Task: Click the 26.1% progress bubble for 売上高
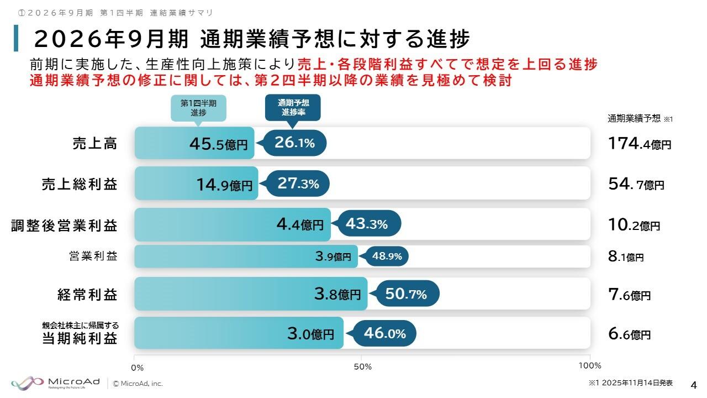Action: [x=294, y=143]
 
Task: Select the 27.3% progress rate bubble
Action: [x=298, y=184]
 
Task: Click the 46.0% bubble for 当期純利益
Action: [x=384, y=333]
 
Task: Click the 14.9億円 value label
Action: [x=224, y=184]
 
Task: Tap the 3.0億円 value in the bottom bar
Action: [x=310, y=333]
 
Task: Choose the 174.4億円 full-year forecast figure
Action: [x=640, y=144]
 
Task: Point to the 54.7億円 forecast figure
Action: [x=636, y=184]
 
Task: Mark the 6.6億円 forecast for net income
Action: [x=629, y=334]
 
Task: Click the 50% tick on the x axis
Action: [x=362, y=366]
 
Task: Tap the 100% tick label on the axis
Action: [x=589, y=365]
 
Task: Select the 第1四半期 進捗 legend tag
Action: [x=198, y=108]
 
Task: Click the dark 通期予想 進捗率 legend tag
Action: [x=293, y=107]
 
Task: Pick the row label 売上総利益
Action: [x=80, y=184]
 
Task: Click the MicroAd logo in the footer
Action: [x=56, y=383]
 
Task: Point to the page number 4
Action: [x=694, y=384]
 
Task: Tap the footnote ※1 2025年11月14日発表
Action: [x=630, y=383]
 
